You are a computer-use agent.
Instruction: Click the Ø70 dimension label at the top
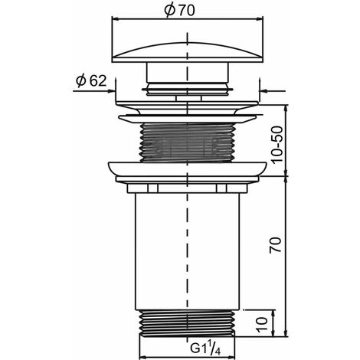179,11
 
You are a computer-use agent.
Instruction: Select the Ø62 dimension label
91,81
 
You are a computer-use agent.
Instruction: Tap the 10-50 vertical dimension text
277,145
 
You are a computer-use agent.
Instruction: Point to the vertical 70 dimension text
276,245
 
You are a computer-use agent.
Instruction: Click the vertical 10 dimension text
262,325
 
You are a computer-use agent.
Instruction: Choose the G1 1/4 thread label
205,349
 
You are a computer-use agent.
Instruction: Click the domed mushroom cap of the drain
188,52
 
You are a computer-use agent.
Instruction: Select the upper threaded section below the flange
188,142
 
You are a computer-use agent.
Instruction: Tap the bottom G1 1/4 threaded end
187,323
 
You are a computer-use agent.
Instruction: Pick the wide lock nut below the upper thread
188,172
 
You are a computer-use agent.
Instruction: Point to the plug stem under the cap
188,73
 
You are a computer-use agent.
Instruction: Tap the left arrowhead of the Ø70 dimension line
116,18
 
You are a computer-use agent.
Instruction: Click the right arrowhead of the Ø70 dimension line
260,18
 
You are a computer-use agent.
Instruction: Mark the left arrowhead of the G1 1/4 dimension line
142,357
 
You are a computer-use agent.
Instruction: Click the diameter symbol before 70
170,11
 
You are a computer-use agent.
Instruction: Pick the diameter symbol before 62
81,81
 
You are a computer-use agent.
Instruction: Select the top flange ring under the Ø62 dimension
187,108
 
